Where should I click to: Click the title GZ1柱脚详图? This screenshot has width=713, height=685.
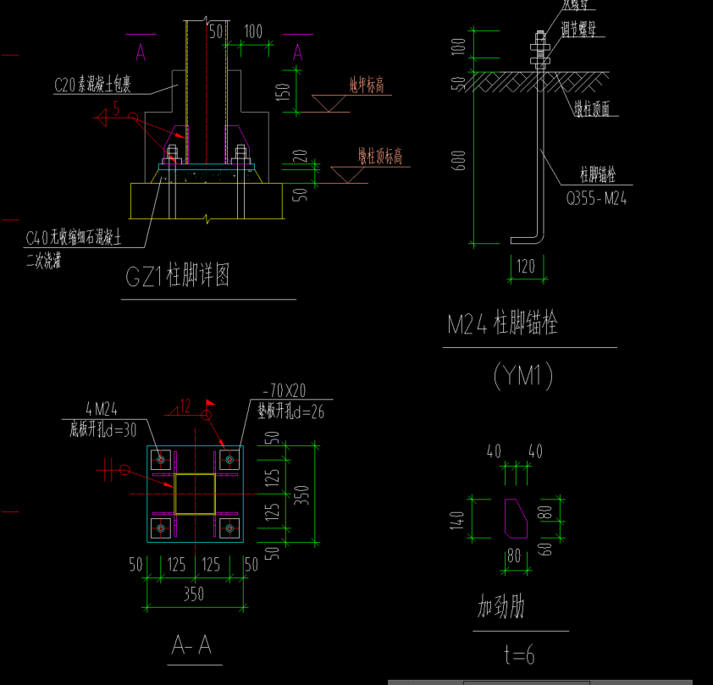coord(177,277)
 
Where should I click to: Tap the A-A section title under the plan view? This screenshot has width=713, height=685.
coord(191,646)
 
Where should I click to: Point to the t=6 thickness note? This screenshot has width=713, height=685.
coord(517,654)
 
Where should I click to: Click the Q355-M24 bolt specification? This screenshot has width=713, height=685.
coord(596,199)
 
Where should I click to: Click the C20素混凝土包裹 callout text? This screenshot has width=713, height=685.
coord(102,85)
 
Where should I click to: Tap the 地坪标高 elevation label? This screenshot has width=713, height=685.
coord(368,85)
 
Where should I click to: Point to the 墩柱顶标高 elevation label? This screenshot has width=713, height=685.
coord(379,157)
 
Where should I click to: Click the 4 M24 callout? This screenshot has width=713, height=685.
coord(101,412)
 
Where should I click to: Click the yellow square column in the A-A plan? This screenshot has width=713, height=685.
coord(196,494)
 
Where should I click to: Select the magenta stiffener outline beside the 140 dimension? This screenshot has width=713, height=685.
coord(517,517)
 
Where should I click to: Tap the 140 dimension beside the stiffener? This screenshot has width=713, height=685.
coord(458,519)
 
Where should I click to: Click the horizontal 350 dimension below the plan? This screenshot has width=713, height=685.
coord(194,594)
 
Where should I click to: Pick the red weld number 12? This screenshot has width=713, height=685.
coord(185,405)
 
